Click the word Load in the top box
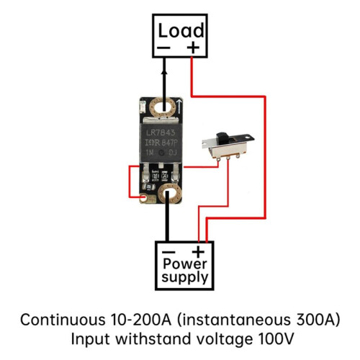(x=181, y=30)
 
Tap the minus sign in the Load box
(x=163, y=48)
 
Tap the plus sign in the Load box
(x=193, y=48)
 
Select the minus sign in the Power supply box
(x=168, y=252)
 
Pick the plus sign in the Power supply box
(x=198, y=252)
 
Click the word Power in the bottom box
(x=184, y=264)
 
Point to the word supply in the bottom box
(x=184, y=278)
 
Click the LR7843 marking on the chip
(x=161, y=132)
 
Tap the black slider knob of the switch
(x=222, y=138)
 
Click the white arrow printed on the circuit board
(x=179, y=107)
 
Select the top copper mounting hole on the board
(x=163, y=107)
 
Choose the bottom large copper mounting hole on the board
(x=170, y=194)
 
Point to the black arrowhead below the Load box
(x=164, y=73)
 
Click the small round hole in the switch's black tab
(x=246, y=138)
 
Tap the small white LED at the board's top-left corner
(x=142, y=107)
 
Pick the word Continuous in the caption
(x=63, y=320)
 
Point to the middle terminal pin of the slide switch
(x=228, y=158)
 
